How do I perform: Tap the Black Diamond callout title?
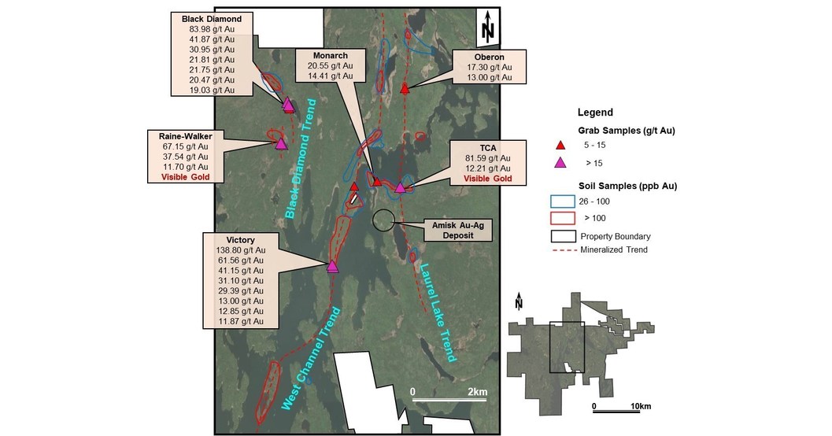(x=205, y=18)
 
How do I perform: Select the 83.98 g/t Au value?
(x=205, y=29)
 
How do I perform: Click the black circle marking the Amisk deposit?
(x=384, y=220)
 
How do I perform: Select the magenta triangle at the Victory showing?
(x=332, y=267)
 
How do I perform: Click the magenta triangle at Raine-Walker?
(x=281, y=143)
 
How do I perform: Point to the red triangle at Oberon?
(x=405, y=89)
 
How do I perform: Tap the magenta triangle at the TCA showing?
(x=400, y=187)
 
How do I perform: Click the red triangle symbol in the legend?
(x=560, y=146)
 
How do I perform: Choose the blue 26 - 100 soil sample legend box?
(x=560, y=201)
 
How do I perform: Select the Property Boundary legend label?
(x=616, y=235)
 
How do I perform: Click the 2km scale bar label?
(x=478, y=391)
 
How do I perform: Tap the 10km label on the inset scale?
(x=640, y=406)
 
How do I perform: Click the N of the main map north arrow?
(x=487, y=31)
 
